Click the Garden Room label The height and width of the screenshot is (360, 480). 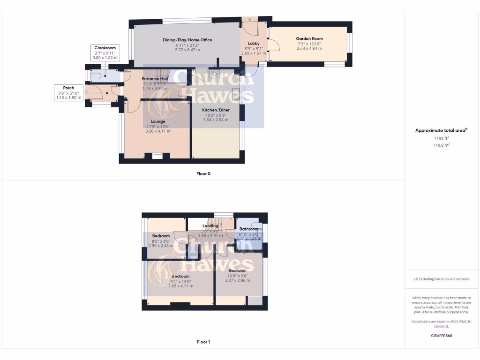pyautogui.click(x=309, y=39)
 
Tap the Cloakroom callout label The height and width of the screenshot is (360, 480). pyautogui.click(x=105, y=48)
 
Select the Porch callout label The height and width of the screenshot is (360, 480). pyautogui.click(x=68, y=88)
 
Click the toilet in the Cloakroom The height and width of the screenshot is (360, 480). pyautogui.click(x=96, y=76)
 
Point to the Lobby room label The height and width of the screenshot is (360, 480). pyautogui.click(x=254, y=44)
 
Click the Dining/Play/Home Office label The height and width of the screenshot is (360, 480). pyautogui.click(x=187, y=40)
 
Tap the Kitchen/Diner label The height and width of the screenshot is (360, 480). pyautogui.click(x=216, y=110)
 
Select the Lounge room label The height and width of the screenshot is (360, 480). pyautogui.click(x=157, y=121)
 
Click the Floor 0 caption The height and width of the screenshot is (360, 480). pyautogui.click(x=203, y=173)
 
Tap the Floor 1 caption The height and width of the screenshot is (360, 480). pyautogui.click(x=203, y=342)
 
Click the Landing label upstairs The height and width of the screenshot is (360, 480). pyautogui.click(x=210, y=226)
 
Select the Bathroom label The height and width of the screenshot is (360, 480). pyautogui.click(x=249, y=229)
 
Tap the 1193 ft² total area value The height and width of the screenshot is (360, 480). pyautogui.click(x=441, y=138)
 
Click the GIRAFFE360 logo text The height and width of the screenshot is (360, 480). pyautogui.click(x=441, y=336)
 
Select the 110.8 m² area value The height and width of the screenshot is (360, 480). pyautogui.click(x=441, y=145)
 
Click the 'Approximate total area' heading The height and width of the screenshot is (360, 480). pyautogui.click(x=441, y=130)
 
